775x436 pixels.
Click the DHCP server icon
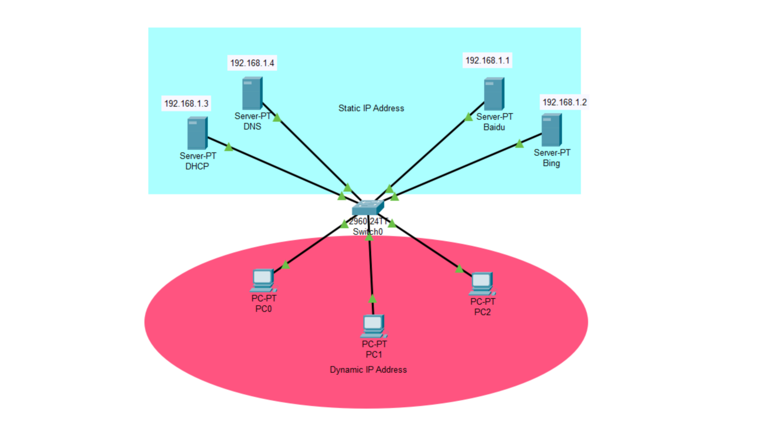pyautogui.click(x=197, y=133)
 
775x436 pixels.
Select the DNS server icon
pyautogui.click(x=252, y=93)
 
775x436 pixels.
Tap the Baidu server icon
pyautogui.click(x=494, y=93)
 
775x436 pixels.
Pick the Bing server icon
pyautogui.click(x=551, y=130)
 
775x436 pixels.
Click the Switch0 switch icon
pyautogui.click(x=368, y=207)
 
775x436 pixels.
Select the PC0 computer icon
pyautogui.click(x=263, y=281)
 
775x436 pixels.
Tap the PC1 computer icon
pyautogui.click(x=373, y=326)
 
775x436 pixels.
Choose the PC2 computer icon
pyautogui.click(x=482, y=284)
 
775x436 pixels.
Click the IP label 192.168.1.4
pyautogui.click(x=252, y=63)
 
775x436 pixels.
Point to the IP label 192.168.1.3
pyautogui.click(x=186, y=103)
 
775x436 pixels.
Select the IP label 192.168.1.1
pyautogui.click(x=487, y=61)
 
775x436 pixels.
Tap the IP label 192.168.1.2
pyautogui.click(x=565, y=102)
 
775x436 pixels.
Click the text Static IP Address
pyautogui.click(x=371, y=108)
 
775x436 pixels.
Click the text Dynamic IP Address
pyautogui.click(x=368, y=369)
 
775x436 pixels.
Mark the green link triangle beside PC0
pyautogui.click(x=286, y=265)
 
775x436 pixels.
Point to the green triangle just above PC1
pyautogui.click(x=372, y=299)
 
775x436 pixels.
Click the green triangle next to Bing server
pyautogui.click(x=519, y=144)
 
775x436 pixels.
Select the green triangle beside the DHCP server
pyautogui.click(x=229, y=147)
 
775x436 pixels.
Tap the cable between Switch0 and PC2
pyautogui.click(x=426, y=249)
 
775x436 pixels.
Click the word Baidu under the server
pyautogui.click(x=494, y=127)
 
